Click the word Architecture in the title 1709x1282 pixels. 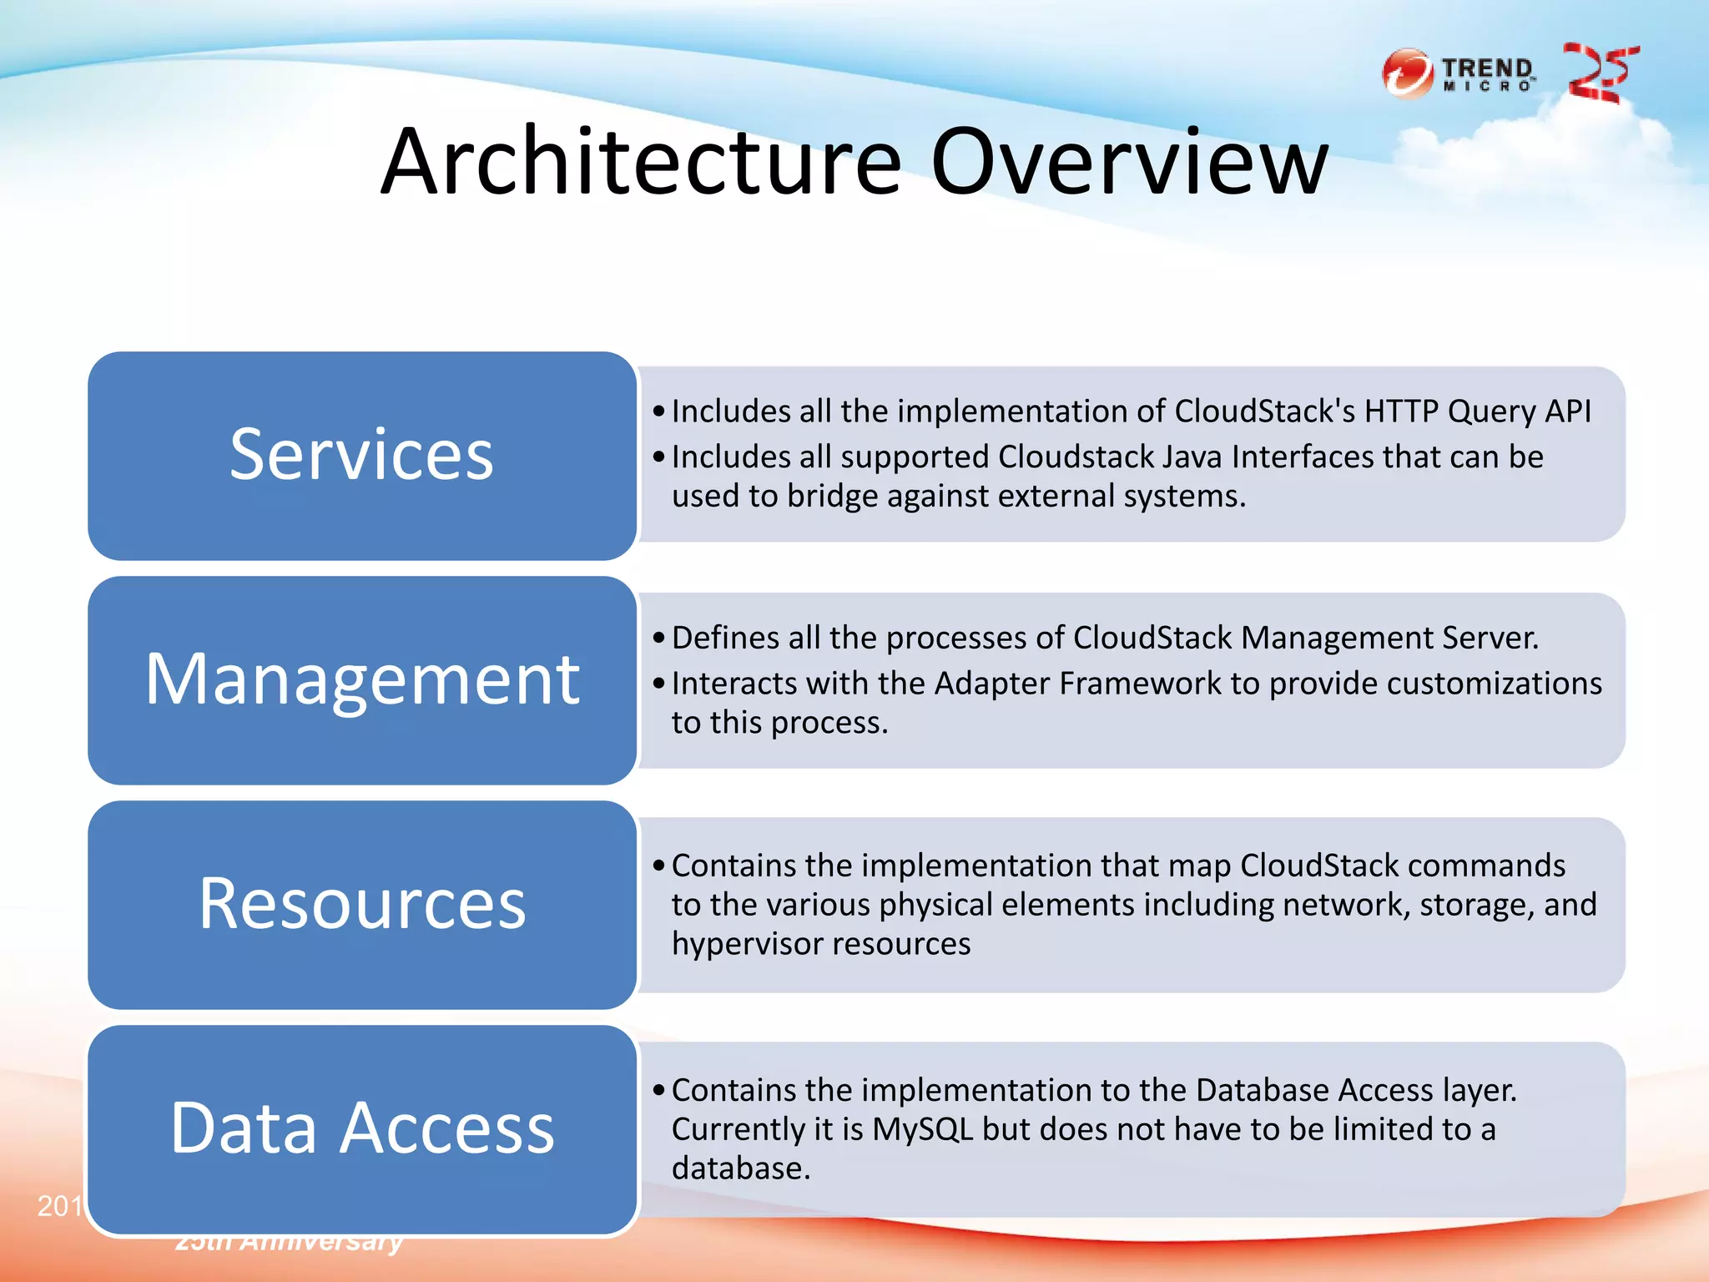[641, 163]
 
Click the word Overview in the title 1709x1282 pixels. [1128, 163]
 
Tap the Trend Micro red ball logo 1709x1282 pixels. [1407, 73]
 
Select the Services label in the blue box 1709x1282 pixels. [361, 455]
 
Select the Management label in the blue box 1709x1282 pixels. [361, 679]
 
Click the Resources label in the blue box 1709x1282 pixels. [361, 904]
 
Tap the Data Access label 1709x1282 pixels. [361, 1128]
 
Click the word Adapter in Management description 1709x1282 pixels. [991, 684]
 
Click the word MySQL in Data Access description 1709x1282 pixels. [922, 1129]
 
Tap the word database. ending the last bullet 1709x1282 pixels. [740, 1168]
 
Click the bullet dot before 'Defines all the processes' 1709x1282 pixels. [659, 638]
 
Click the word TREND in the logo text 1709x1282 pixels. [1487, 67]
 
